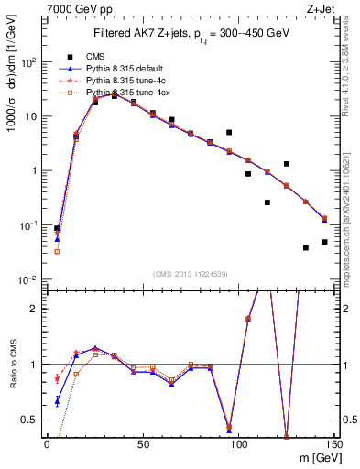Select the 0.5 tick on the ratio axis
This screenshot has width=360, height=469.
click(28, 420)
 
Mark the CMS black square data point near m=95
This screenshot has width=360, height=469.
click(229, 132)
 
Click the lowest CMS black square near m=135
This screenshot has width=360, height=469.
click(305, 247)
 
